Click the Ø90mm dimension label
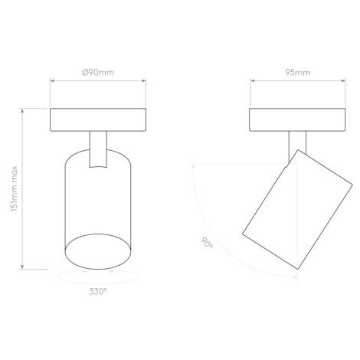tap(98, 74)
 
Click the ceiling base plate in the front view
tap(98, 119)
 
